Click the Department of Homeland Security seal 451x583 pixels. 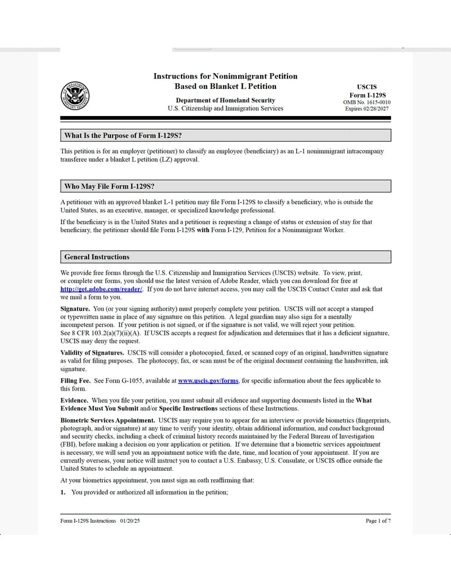(75, 96)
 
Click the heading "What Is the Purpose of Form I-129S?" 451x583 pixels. (123, 136)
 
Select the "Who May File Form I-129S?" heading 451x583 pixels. (109, 187)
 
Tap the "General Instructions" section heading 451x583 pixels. (97, 257)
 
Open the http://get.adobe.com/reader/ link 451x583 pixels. (101, 289)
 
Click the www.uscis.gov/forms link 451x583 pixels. (208, 381)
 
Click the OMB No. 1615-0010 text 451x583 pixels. (367, 102)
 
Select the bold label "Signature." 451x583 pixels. (75, 309)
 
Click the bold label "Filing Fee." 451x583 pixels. (75, 381)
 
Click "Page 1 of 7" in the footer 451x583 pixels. (378, 521)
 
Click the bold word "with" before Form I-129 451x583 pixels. (203, 231)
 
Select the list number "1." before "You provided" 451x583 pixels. (63, 492)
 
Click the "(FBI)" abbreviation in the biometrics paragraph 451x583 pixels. (68, 445)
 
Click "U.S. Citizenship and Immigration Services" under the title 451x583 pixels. (225, 109)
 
